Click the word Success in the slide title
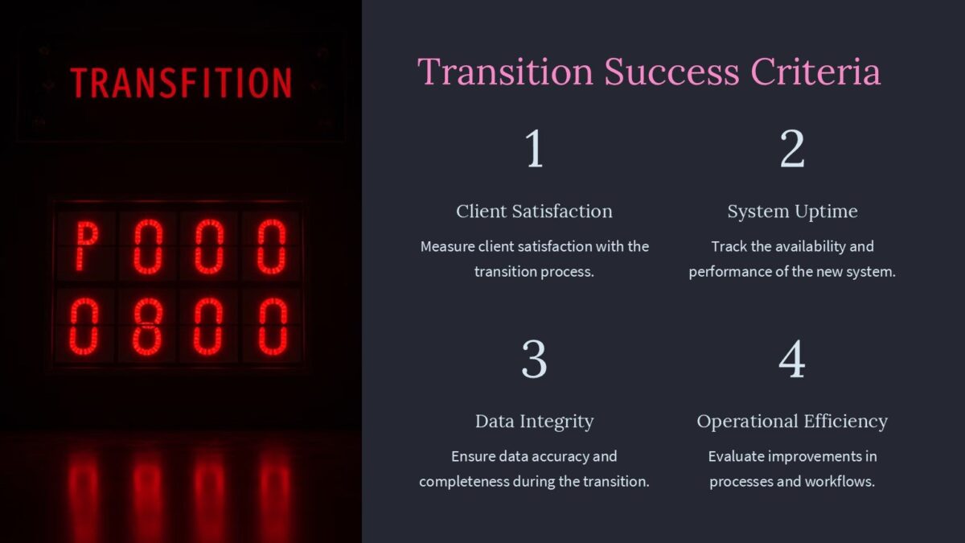pyautogui.click(x=671, y=72)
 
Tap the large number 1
pyautogui.click(x=535, y=150)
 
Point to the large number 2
pyautogui.click(x=792, y=150)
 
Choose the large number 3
pyautogui.click(x=535, y=360)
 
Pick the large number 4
pyautogui.click(x=792, y=360)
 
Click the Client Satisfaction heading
pyautogui.click(x=534, y=212)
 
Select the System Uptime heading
pyautogui.click(x=792, y=212)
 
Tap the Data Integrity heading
pyautogui.click(x=534, y=422)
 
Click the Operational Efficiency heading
pyautogui.click(x=792, y=422)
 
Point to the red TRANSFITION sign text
pyautogui.click(x=181, y=83)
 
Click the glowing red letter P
pyautogui.click(x=87, y=245)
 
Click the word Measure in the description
pyautogui.click(x=449, y=246)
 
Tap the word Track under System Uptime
pyautogui.click(x=729, y=246)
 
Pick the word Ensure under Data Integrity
pyautogui.click(x=473, y=457)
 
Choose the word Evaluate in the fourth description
pyautogui.click(x=736, y=457)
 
